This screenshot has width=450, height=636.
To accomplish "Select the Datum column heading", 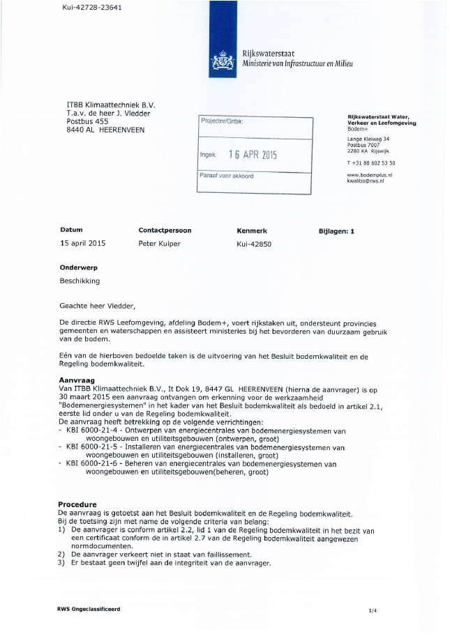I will [71, 231].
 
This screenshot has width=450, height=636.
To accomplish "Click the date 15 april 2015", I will [82, 244].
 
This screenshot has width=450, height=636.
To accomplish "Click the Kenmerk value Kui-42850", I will [254, 245].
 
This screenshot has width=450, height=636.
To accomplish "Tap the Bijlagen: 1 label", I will [336, 231].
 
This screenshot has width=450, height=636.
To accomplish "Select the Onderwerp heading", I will [78, 267].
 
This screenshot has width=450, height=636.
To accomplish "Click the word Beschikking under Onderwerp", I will [80, 281].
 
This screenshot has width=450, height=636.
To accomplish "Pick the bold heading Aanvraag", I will [77, 380].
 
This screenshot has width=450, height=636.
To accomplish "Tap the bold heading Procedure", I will [77, 504].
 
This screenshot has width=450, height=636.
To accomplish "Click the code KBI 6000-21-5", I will [93, 447].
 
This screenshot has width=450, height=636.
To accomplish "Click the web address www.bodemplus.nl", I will [370, 175].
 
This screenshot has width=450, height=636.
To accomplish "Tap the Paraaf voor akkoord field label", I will [227, 176].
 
